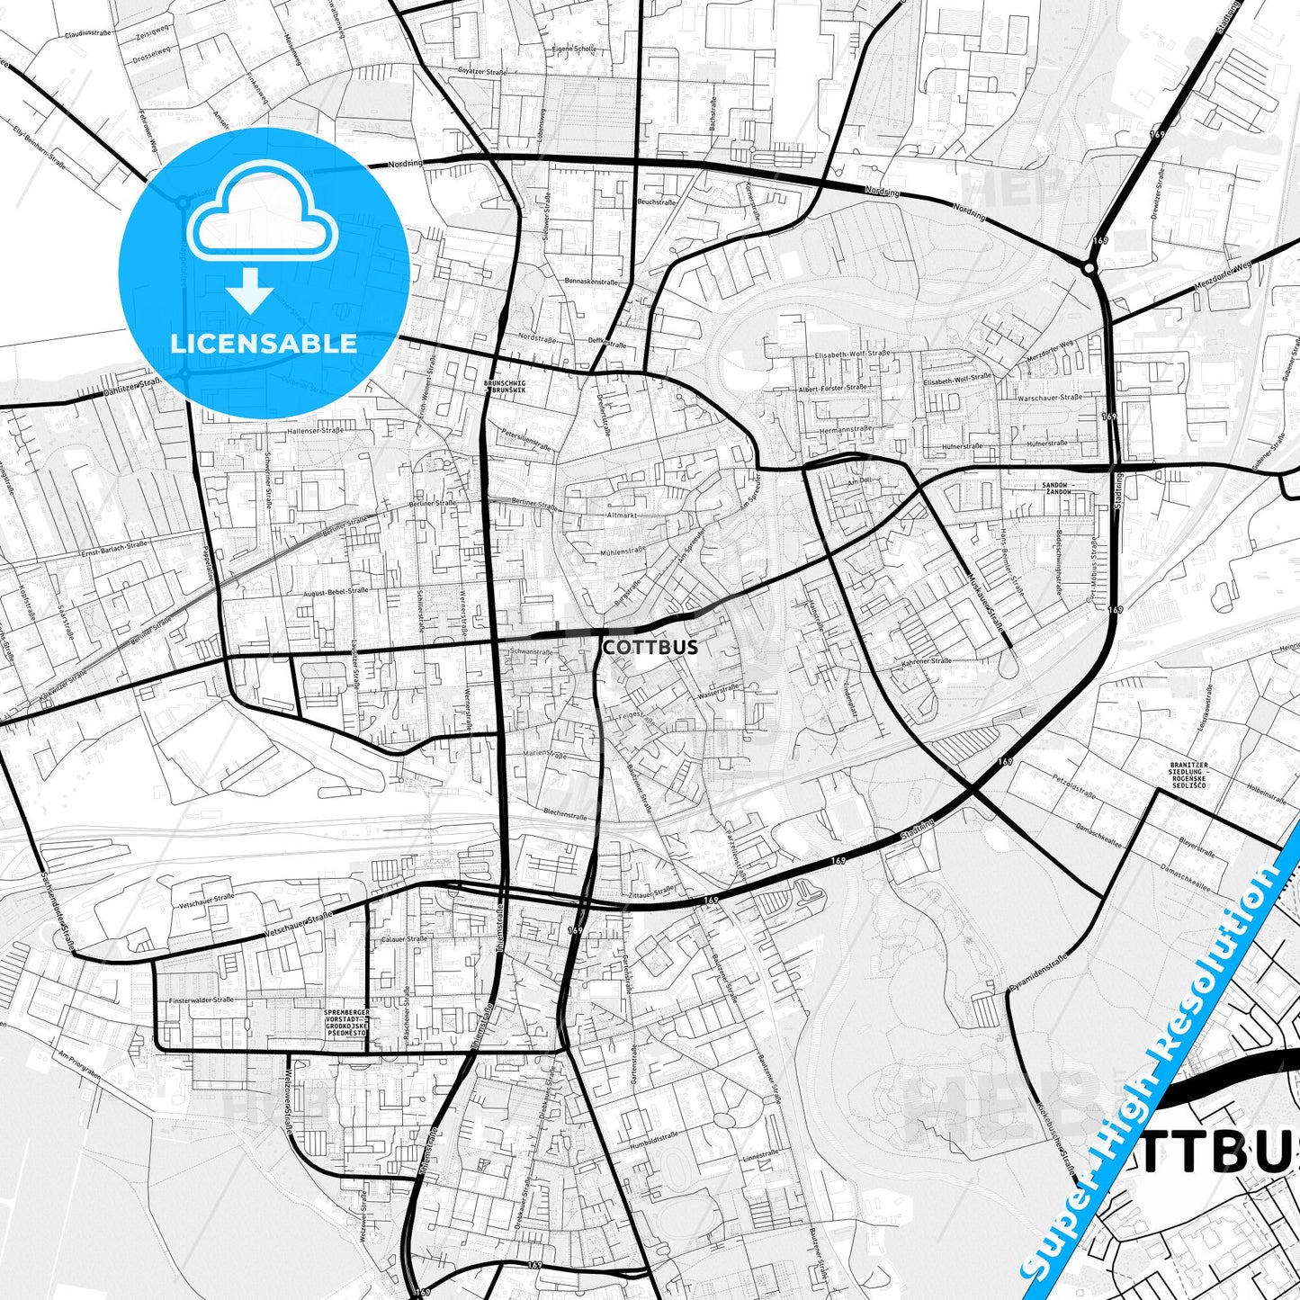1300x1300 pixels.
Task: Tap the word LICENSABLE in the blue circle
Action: pyautogui.click(x=264, y=344)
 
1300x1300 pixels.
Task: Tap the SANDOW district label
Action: pyautogui.click(x=1056, y=489)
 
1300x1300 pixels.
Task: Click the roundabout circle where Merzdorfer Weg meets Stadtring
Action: pyautogui.click(x=1089, y=267)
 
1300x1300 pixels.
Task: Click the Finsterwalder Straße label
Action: pyautogui.click(x=201, y=1000)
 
